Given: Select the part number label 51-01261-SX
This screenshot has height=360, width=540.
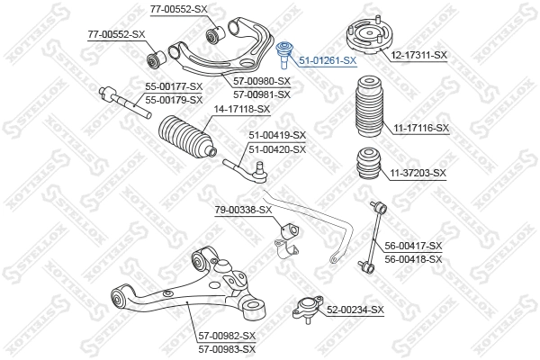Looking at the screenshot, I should coord(328,61).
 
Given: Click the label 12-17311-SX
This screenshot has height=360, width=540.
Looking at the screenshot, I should coord(418,55).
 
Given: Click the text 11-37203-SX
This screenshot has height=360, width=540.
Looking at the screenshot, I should coord(418,172).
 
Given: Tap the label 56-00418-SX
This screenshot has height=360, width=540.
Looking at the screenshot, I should coord(414,259).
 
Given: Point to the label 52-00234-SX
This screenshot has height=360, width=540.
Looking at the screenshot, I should coord(355,310).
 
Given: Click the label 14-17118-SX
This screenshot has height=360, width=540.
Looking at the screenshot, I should coord(241,109).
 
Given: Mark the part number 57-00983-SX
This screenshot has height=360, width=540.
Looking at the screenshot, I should coord(227,348).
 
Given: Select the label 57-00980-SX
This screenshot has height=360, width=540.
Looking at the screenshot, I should coord(262,82).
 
